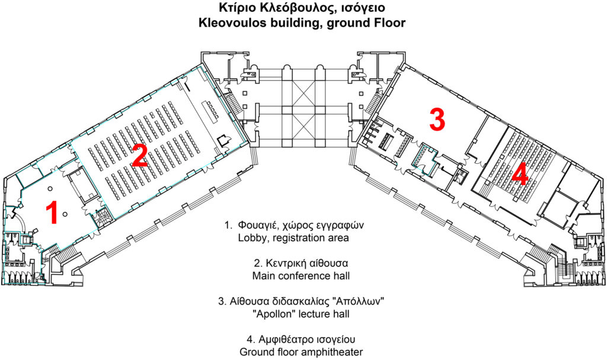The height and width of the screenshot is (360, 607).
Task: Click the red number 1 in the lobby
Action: pyautogui.click(x=52, y=213)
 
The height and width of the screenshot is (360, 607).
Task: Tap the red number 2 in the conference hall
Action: pyautogui.click(x=139, y=157)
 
